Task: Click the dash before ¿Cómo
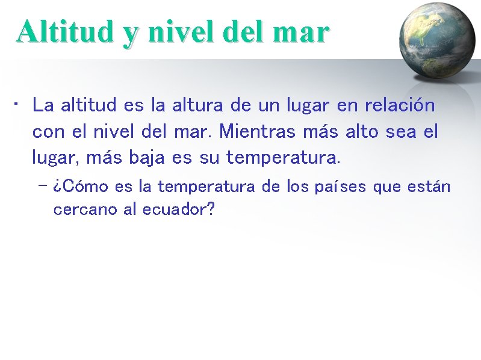pyautogui.click(x=42, y=186)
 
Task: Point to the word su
pyautogui.click(x=209, y=158)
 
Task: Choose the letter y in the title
pyautogui.click(x=129, y=34)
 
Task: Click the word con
pyautogui.click(x=46, y=131)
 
